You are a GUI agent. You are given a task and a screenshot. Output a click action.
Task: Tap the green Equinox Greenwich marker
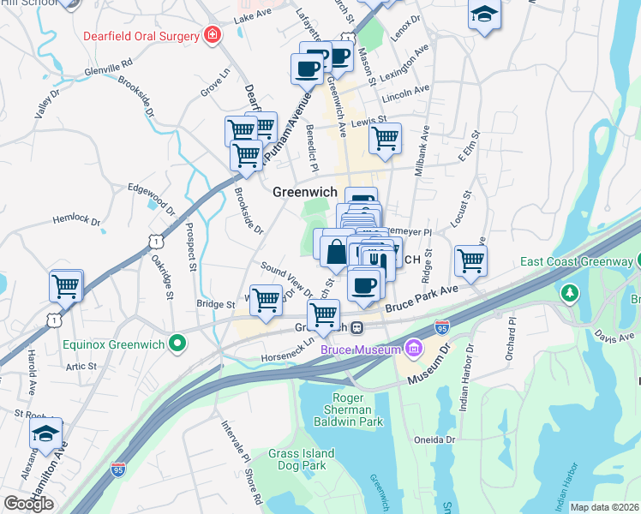click(x=177, y=346)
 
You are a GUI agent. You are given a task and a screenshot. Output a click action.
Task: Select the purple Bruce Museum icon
click(x=414, y=349)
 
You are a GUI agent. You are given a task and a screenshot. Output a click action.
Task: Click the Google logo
click(x=28, y=504)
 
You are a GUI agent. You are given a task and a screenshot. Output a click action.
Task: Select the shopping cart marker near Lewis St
click(x=386, y=137)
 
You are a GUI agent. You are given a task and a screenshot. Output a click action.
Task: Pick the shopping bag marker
click(x=337, y=252)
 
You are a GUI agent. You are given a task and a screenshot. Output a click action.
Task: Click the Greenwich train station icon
click(x=362, y=328)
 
